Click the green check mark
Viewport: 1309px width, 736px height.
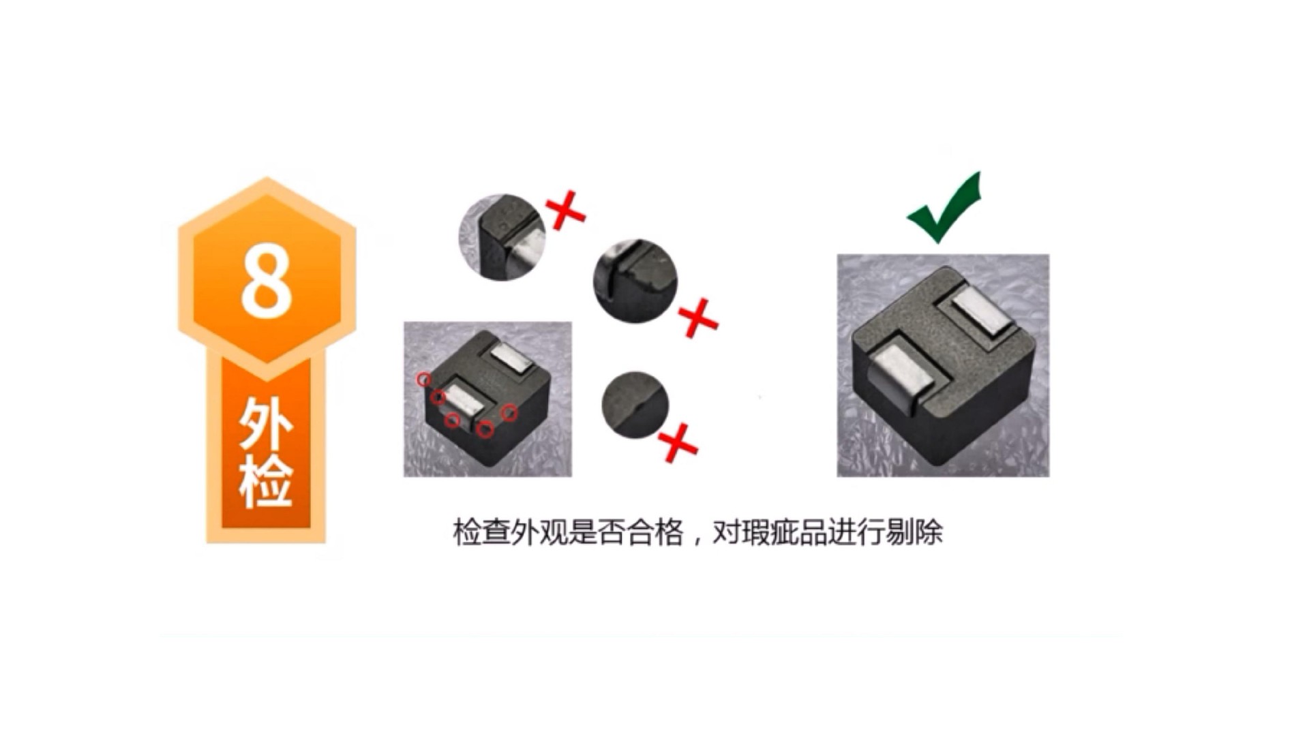tap(944, 208)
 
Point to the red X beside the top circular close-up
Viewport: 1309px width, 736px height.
tap(566, 211)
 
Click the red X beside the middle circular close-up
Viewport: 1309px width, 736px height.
tap(698, 318)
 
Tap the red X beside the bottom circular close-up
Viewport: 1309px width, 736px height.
tap(678, 443)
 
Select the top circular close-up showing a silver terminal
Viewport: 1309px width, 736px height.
tap(502, 236)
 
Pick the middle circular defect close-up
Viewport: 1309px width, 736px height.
tap(635, 281)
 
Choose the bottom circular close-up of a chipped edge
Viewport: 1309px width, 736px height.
tap(635, 405)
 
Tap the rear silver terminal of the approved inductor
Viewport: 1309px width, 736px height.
tap(984, 312)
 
